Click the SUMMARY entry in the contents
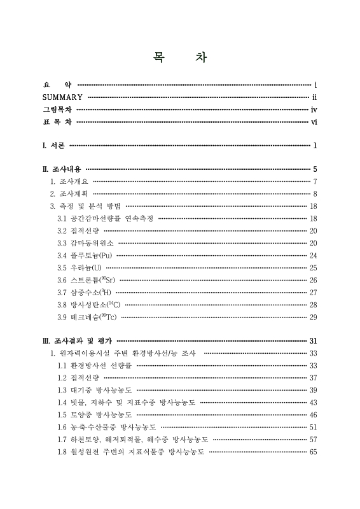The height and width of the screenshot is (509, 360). tap(62, 97)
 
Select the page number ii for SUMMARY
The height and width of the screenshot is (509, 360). tap(315, 97)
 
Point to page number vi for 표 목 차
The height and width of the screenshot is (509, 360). tap(314, 122)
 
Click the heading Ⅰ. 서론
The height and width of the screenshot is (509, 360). tap(53, 146)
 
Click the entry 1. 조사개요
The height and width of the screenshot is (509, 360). tap(70, 182)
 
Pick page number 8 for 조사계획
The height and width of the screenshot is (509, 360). tap(315, 193)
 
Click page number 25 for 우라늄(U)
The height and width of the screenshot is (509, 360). tap(313, 268)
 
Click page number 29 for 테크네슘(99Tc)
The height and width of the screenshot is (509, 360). tap(313, 317)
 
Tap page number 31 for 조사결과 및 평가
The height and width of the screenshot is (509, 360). tap(313, 341)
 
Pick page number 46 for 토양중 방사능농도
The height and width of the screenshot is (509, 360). tap(313, 414)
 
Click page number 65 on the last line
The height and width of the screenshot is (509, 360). tap(313, 452)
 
